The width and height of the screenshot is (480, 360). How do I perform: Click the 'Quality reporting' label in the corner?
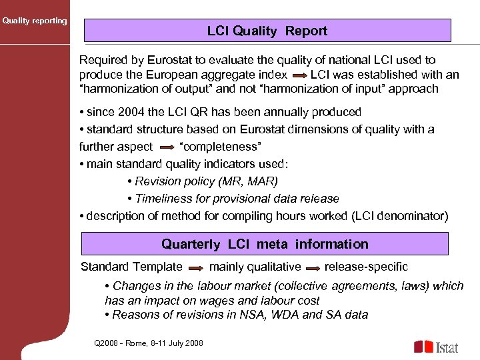coord(35,21)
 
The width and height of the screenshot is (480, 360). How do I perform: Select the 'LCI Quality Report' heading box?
coord(267,31)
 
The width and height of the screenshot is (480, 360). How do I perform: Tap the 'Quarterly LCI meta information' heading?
coord(265,244)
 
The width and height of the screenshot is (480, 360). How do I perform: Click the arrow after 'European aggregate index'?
coord(299,75)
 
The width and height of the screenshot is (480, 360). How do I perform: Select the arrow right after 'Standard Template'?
coord(196,267)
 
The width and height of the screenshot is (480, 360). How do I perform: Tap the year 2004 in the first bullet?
coord(129,112)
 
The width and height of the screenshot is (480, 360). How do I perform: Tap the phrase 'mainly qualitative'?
coord(255,267)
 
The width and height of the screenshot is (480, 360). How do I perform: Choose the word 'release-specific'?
coord(366,267)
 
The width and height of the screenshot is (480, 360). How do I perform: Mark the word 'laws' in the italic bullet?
coord(396,285)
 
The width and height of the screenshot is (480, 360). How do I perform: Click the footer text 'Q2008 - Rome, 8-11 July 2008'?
coord(149,343)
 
